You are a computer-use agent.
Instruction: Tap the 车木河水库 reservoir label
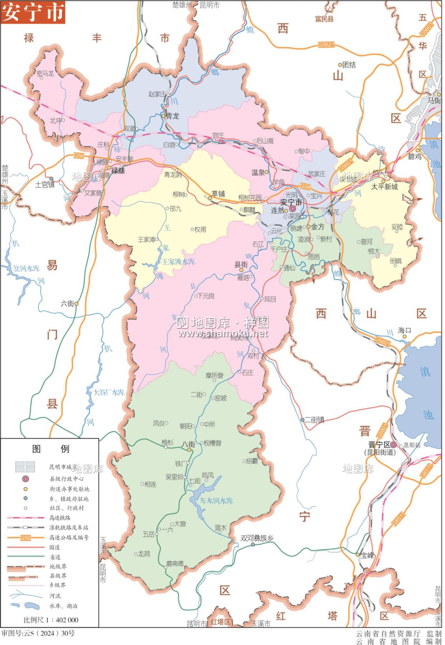[x=216, y=501]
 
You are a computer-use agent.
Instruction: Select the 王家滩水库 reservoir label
[x=178, y=261]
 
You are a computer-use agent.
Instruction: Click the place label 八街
[x=188, y=444]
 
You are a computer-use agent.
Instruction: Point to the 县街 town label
[x=241, y=264]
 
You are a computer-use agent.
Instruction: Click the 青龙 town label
[x=172, y=116]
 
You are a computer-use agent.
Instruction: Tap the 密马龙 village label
[x=45, y=74]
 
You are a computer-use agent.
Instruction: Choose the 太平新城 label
[x=384, y=187]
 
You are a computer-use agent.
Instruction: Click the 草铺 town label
[x=218, y=194]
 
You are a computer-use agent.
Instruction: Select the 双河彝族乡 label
[x=257, y=538]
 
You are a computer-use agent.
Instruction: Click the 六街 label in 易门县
[x=68, y=304]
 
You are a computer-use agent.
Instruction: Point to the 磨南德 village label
[x=175, y=563]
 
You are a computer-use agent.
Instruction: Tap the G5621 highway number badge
[x=326, y=44]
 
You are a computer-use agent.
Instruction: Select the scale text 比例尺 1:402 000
[x=51, y=620]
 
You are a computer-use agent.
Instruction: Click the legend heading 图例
[x=51, y=448]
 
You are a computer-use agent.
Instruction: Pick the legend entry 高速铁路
[x=60, y=518]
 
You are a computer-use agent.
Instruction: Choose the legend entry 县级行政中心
[x=66, y=479]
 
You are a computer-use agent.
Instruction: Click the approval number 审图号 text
[x=38, y=633]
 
